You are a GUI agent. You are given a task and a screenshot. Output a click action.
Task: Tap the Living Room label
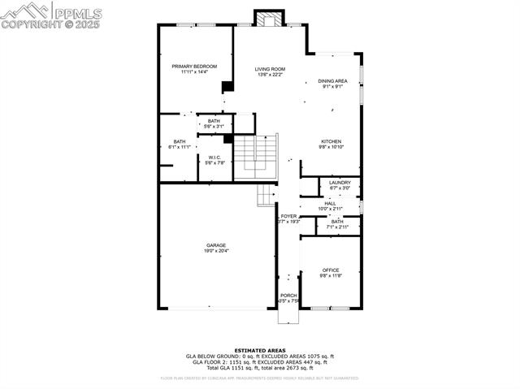(270, 69)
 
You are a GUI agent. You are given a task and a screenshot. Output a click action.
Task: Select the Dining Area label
(332, 81)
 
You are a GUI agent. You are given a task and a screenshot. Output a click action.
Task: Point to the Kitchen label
(332, 141)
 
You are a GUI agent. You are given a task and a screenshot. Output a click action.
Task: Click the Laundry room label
(340, 183)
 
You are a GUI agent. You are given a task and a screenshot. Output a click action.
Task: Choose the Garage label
(215, 244)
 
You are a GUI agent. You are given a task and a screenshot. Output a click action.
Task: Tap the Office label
(330, 270)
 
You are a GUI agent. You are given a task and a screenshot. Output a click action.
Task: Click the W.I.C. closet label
(214, 158)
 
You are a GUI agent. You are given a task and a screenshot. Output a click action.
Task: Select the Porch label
(288, 296)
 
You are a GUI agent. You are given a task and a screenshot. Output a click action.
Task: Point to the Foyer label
(288, 216)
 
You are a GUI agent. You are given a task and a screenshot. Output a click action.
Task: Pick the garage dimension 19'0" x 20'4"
(215, 251)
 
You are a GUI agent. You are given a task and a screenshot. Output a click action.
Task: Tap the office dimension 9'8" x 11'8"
(330, 276)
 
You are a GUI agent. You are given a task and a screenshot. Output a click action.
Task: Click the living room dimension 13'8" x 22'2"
(270, 76)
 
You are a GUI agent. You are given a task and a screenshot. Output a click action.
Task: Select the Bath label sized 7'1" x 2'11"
(336, 221)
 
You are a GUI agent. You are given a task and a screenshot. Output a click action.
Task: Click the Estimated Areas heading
(259, 350)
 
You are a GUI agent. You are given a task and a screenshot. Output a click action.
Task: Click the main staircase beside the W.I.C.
(266, 154)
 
